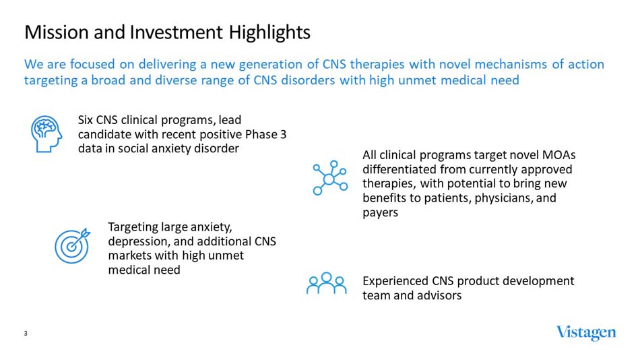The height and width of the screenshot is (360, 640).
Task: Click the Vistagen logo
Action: [585, 333]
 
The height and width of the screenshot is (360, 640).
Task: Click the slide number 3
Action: [26, 334]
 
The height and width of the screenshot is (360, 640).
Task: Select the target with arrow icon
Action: [71, 245]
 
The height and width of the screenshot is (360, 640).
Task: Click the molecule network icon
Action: [329, 178]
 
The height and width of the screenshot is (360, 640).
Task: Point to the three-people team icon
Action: [326, 284]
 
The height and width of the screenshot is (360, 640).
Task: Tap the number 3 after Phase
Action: [283, 135]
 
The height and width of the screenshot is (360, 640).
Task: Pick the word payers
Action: [381, 212]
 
